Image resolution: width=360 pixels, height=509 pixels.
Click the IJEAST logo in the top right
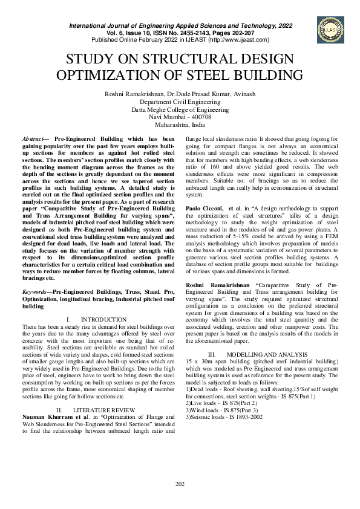327,26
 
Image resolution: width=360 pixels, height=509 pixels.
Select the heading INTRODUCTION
103,319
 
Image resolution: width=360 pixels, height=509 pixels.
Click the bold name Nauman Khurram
47,417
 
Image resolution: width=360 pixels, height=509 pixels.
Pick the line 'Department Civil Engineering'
180,102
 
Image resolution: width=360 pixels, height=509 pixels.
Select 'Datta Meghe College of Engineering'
180,110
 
